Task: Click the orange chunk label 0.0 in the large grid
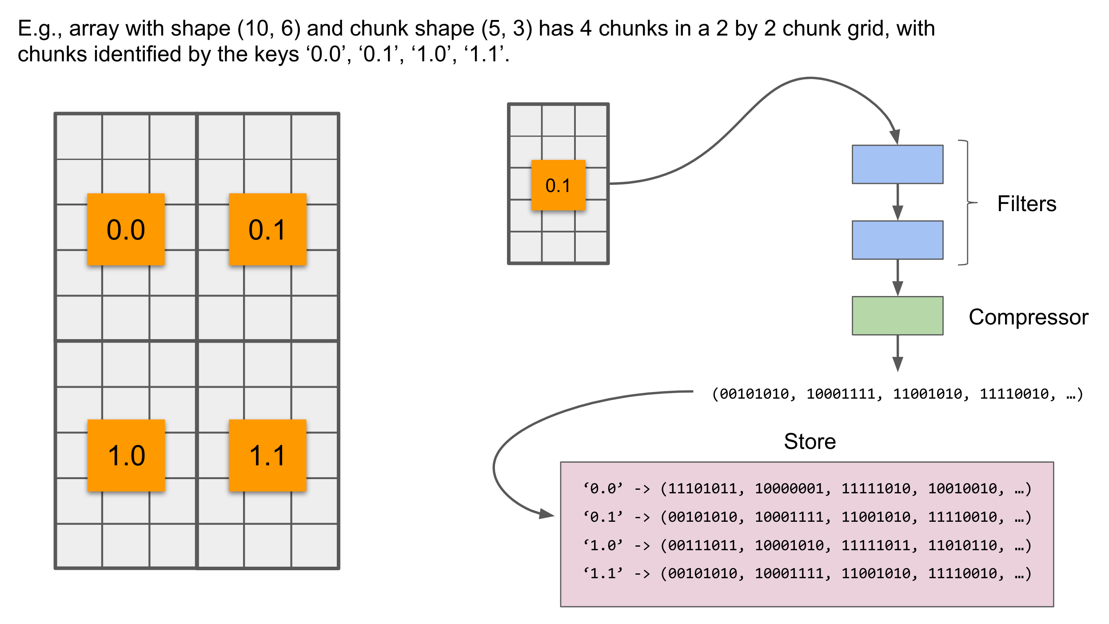click(126, 229)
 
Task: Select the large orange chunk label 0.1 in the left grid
click(267, 229)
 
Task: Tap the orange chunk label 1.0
click(126, 455)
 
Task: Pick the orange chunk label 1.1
click(267, 455)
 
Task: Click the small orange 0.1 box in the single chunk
click(558, 185)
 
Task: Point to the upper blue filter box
click(897, 164)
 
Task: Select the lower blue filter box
click(897, 240)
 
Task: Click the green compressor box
click(897, 315)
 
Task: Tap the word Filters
click(1026, 204)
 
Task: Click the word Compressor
click(1028, 317)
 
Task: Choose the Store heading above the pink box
click(810, 441)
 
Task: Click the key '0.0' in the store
click(603, 488)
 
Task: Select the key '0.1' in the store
click(603, 517)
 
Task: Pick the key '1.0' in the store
click(603, 545)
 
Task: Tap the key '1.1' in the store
click(603, 573)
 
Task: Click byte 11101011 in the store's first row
click(702, 488)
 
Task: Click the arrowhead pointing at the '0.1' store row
click(547, 514)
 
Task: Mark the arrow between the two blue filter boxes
click(898, 202)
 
